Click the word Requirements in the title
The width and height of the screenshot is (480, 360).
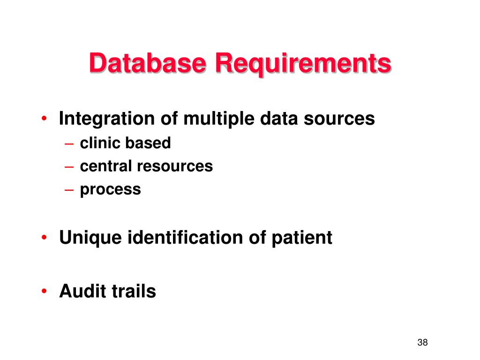[303, 64]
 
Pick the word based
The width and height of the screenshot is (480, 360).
[148, 143]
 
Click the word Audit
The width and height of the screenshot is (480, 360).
[82, 292]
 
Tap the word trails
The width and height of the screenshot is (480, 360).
[134, 292]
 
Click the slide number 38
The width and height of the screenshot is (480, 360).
[422, 342]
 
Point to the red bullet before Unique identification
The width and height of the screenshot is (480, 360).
[44, 238]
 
